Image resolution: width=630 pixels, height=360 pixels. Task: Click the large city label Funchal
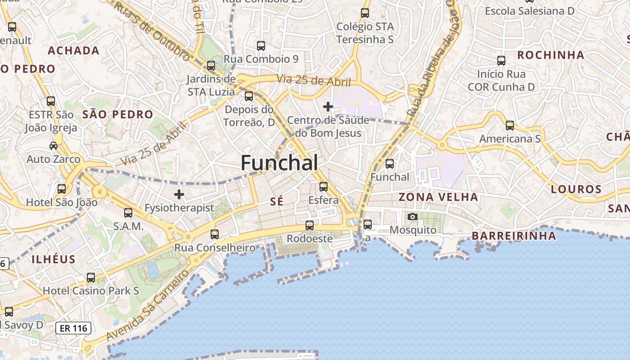(x=279, y=162)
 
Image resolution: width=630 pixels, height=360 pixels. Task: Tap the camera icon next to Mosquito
(x=412, y=217)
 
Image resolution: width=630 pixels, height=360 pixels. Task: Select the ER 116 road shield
(x=73, y=328)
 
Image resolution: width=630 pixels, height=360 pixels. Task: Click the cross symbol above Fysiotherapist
(x=179, y=194)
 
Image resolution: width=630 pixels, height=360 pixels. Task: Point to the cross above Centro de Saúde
(x=328, y=107)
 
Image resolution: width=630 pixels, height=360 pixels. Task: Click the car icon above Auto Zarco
(x=54, y=145)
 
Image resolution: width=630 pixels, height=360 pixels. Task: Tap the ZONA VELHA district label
(x=438, y=197)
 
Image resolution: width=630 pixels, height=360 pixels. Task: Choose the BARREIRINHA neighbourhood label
(x=513, y=236)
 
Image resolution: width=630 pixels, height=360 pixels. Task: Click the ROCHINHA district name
(x=550, y=55)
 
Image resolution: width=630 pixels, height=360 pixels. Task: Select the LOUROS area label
(x=576, y=189)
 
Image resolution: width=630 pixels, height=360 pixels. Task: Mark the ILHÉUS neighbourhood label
(x=54, y=259)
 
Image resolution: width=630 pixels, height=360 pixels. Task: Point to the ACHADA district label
(x=73, y=50)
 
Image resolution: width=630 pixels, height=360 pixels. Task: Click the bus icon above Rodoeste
(x=310, y=225)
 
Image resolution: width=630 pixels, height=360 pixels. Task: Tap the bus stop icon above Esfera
(x=323, y=186)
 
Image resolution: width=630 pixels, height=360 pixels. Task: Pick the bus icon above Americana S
(x=509, y=125)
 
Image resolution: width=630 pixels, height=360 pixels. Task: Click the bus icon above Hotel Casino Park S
(x=91, y=277)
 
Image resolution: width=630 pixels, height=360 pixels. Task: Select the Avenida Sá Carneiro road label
(x=148, y=305)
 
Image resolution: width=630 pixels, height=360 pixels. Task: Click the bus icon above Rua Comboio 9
(x=261, y=45)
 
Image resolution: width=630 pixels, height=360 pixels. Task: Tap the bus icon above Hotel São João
(x=62, y=189)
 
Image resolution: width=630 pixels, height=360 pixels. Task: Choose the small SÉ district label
(x=277, y=201)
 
